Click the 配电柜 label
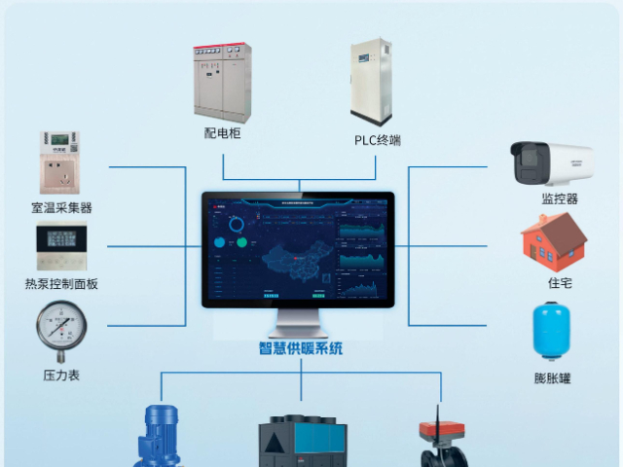[x=223, y=133]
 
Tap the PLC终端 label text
[x=377, y=140]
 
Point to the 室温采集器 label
[x=61, y=207]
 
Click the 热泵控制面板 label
[x=61, y=284]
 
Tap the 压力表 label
[x=60, y=375]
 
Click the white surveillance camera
[x=551, y=162]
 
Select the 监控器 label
[x=560, y=198]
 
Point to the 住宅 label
[x=560, y=283]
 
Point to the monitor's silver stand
[x=299, y=322]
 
